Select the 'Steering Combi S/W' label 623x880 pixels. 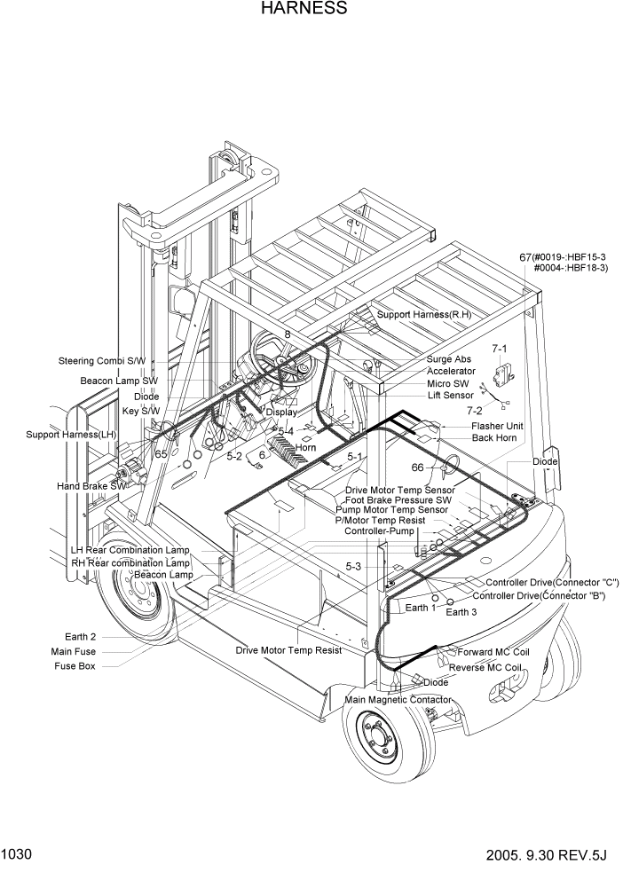[x=101, y=361]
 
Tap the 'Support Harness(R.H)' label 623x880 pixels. [x=423, y=314]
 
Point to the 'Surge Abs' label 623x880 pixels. [x=449, y=360]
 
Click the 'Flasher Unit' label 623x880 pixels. [x=497, y=426]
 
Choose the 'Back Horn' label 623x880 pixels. [x=494, y=438]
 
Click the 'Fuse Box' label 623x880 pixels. [x=75, y=666]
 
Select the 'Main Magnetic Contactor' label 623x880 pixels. [x=398, y=700]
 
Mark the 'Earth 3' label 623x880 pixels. [x=461, y=612]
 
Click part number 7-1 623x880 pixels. [x=500, y=350]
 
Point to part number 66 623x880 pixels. [x=417, y=467]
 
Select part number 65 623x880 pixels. [x=162, y=453]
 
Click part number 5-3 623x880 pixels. [x=353, y=566]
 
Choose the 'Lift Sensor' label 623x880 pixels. [x=450, y=395]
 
